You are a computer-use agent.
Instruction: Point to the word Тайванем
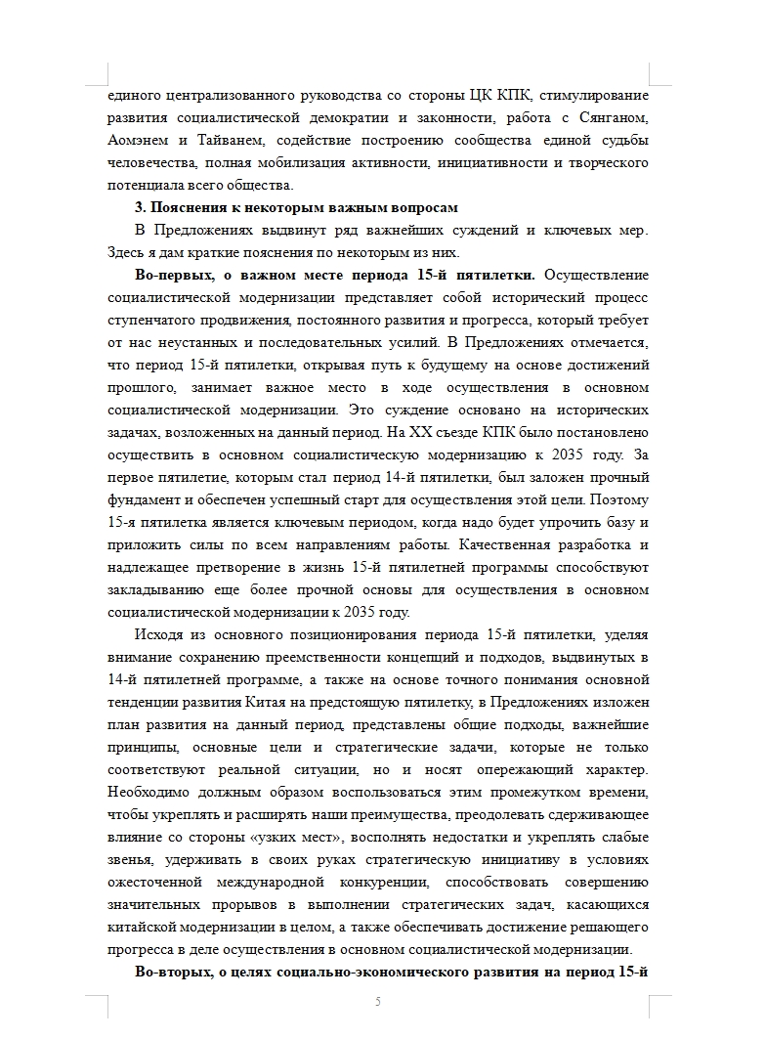pyautogui.click(x=222, y=141)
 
